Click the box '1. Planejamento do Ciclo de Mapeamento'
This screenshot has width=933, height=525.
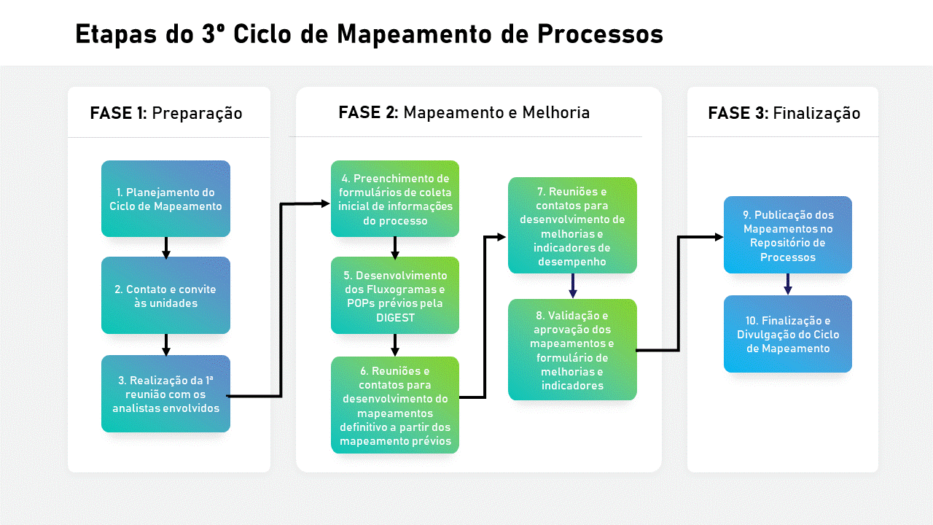(x=165, y=199)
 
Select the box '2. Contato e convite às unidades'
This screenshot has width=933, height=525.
(x=165, y=295)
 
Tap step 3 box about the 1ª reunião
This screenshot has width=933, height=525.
(x=165, y=394)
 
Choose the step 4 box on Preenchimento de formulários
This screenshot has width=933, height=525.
(x=395, y=199)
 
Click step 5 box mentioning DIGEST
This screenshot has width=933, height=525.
(x=395, y=295)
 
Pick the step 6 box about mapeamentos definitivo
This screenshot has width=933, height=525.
(x=395, y=405)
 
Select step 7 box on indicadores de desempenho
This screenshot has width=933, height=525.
(x=572, y=225)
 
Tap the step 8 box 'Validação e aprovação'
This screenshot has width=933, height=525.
(x=572, y=349)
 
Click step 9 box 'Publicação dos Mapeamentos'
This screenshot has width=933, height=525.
(x=788, y=235)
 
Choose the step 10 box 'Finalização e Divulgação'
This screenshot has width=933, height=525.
(x=788, y=334)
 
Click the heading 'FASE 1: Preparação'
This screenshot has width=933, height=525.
(x=166, y=113)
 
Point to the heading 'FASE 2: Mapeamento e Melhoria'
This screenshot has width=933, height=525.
(x=464, y=112)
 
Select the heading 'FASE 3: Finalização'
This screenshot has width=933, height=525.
(x=784, y=113)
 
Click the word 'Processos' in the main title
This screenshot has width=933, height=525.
(x=600, y=34)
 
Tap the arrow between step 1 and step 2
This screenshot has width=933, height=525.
(x=165, y=248)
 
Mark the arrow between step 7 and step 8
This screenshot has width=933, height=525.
(x=573, y=286)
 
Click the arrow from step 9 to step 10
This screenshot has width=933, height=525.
(x=788, y=284)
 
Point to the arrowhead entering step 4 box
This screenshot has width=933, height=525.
(x=325, y=203)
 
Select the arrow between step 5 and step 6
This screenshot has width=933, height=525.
(x=395, y=345)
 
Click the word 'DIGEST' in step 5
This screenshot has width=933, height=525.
(x=395, y=317)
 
